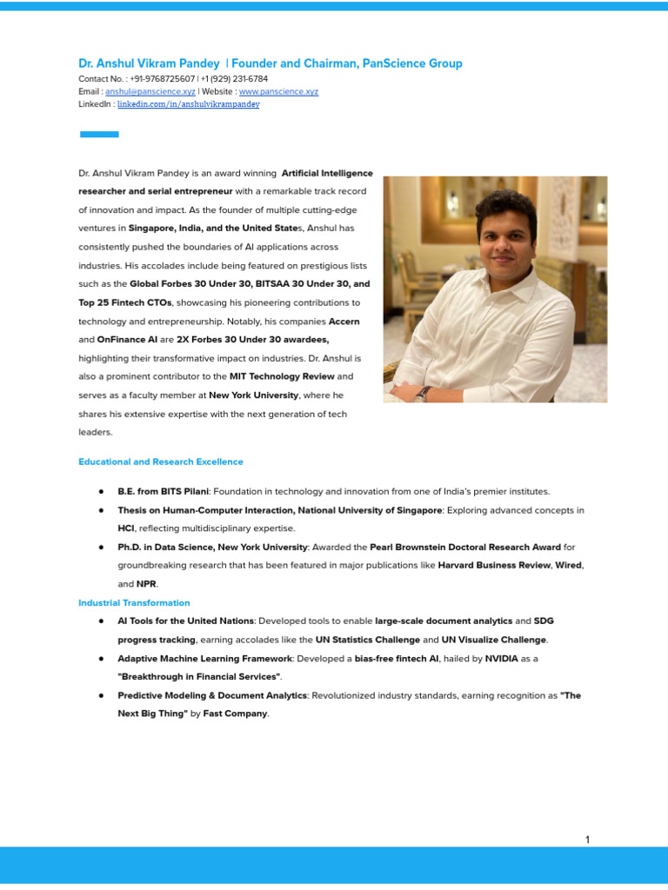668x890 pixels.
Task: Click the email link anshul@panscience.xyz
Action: (150, 91)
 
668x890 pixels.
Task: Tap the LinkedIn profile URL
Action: (188, 104)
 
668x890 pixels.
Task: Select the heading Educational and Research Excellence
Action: (161, 462)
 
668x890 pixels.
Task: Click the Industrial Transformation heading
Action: (134, 602)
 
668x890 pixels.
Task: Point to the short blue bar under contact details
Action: (99, 134)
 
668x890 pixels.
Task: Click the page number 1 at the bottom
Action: (587, 840)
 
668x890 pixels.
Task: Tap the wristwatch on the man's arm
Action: (424, 393)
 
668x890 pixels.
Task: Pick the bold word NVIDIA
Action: (501, 659)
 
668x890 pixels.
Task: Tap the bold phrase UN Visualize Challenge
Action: (494, 640)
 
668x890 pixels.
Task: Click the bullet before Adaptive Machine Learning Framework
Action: (101, 659)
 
